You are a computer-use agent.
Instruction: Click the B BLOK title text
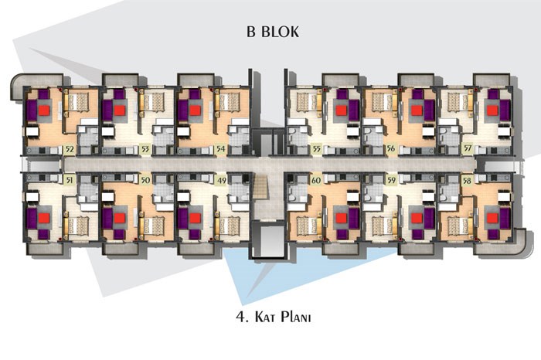click(273, 32)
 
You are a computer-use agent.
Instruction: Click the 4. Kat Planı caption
click(274, 317)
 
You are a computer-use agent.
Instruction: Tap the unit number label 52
click(70, 149)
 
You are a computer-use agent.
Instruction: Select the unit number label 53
click(145, 149)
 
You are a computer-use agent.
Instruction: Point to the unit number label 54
click(221, 149)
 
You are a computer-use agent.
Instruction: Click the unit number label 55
click(315, 149)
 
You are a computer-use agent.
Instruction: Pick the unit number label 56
click(391, 148)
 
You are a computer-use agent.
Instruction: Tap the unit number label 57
click(468, 148)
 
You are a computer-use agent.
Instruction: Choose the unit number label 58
click(467, 180)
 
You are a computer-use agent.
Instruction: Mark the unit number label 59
click(391, 180)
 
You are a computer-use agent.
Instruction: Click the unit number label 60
click(315, 180)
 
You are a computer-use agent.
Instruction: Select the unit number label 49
click(221, 180)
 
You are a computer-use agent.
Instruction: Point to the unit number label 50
click(145, 180)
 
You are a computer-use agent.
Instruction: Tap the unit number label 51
click(70, 180)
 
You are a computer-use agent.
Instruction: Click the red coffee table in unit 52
click(44, 110)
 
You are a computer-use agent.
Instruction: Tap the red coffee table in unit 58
click(492, 219)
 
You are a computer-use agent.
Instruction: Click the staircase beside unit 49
click(261, 186)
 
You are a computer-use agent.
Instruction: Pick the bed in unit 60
click(307, 226)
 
